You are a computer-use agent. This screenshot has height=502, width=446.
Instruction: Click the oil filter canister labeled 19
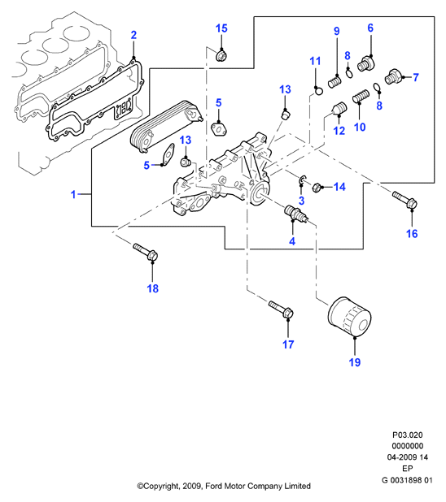349,317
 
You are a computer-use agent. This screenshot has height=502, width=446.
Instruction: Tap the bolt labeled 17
282,309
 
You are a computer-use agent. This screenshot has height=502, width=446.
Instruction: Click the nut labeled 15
221,56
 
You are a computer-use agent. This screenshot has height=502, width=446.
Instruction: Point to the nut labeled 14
317,188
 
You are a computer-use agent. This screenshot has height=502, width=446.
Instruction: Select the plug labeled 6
365,63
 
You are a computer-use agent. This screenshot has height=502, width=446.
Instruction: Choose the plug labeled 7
393,76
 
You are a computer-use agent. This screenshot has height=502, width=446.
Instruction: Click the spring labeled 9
334,82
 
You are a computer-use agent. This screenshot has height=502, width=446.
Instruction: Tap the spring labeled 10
361,96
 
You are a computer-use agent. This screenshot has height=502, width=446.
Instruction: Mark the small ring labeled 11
318,91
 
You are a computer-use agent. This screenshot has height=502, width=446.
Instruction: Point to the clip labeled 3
302,180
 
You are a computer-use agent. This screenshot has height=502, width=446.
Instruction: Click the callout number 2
133,35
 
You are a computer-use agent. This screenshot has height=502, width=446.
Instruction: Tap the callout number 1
73,194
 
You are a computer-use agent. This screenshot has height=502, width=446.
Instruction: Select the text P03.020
408,435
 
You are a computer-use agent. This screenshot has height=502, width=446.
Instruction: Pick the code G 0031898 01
407,480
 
